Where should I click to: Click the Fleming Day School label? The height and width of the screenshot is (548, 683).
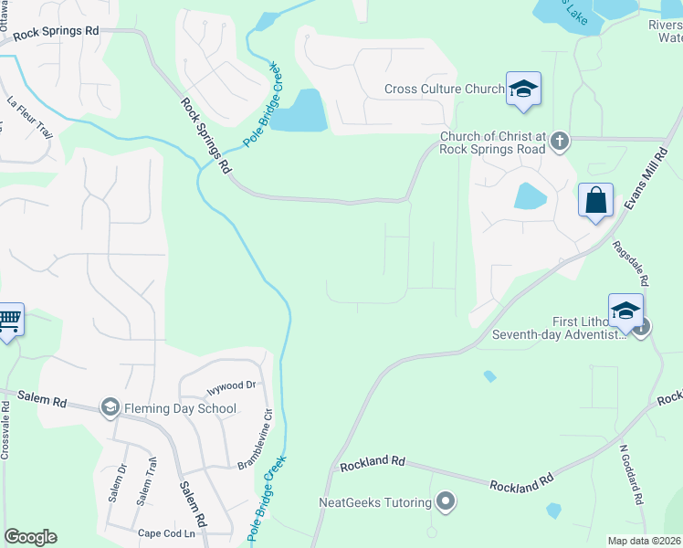(181, 408)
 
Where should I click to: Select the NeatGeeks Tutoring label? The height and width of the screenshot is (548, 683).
(375, 501)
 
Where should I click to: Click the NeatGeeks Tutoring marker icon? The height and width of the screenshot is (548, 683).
(446, 501)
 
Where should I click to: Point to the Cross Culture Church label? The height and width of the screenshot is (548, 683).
(444, 90)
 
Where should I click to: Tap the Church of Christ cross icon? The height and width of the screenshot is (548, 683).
(560, 141)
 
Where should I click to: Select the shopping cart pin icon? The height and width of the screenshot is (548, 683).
(8, 321)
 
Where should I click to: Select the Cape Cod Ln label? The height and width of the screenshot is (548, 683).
(166, 533)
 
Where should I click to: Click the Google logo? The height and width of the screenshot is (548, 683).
(30, 537)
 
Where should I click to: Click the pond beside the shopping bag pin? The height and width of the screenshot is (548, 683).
(529, 196)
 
